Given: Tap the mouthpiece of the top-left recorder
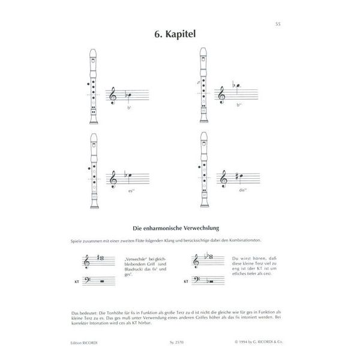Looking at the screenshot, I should point(94,55).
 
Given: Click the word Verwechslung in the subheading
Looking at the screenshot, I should point(204,227).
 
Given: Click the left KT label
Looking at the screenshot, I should point(76,280).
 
